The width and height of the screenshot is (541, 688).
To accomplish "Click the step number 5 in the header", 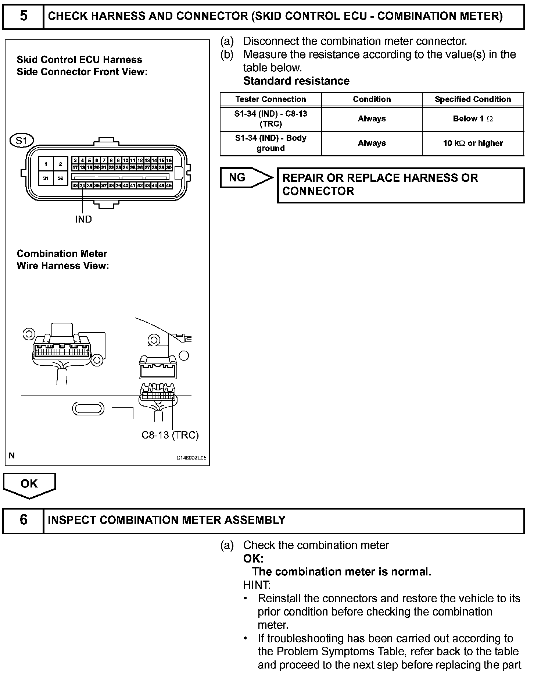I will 23,16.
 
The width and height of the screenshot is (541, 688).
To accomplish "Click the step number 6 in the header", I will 23,520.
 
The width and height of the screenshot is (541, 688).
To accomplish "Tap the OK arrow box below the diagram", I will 29,484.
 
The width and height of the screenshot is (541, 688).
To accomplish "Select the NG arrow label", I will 237,178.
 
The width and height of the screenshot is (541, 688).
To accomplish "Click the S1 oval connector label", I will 22,141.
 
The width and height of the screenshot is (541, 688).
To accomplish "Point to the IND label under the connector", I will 83,219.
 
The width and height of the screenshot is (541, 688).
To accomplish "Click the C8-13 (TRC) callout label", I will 170,435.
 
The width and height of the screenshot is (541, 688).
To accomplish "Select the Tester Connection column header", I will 270,99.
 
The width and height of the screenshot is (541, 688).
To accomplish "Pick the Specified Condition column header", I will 473,99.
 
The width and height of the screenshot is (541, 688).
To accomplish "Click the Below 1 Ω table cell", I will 473,119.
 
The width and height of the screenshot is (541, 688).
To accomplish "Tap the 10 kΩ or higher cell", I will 473,143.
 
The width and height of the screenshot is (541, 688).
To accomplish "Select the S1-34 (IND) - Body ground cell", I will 270,143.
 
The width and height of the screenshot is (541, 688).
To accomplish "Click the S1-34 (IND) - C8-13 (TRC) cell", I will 270,119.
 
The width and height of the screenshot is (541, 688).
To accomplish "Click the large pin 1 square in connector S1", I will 46,164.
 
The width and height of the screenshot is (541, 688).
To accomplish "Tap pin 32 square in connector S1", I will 61,178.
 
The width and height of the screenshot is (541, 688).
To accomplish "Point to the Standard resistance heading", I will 296,81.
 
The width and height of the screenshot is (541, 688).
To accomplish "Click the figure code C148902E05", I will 191,458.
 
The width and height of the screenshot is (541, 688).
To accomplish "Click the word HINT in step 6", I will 257,585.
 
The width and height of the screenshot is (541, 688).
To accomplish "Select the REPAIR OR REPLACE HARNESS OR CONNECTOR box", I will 401,185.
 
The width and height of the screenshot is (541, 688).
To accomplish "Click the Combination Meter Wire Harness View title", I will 62,260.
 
